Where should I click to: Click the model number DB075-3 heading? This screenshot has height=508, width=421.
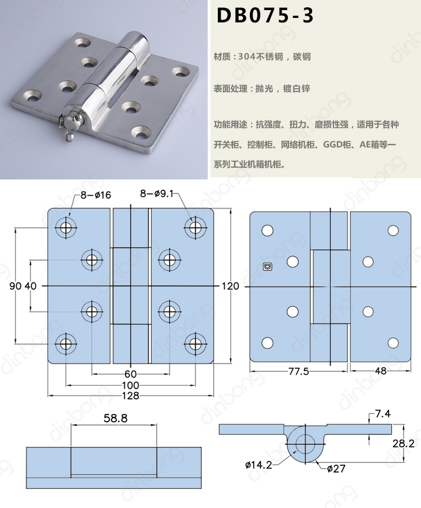(x=265, y=15)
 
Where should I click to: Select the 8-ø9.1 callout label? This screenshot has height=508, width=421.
(x=159, y=195)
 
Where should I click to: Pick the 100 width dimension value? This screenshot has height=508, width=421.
(x=131, y=385)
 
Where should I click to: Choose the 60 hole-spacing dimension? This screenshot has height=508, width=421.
(x=131, y=374)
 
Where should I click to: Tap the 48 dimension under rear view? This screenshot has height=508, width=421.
(x=381, y=371)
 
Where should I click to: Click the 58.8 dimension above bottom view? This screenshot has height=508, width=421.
(x=115, y=418)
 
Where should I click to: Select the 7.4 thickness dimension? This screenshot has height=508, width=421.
(x=383, y=414)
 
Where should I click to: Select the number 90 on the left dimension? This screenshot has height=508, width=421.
(x=15, y=286)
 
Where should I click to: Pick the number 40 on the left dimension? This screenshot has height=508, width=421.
(x=31, y=286)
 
